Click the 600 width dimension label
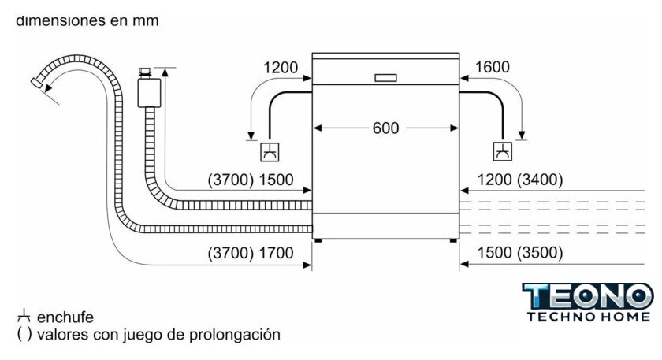385,128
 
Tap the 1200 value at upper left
281,68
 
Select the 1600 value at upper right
493,68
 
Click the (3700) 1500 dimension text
250,180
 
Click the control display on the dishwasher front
385,78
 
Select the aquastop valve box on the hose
147,92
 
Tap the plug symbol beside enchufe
24,317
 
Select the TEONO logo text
588,297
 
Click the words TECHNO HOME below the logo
588,315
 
